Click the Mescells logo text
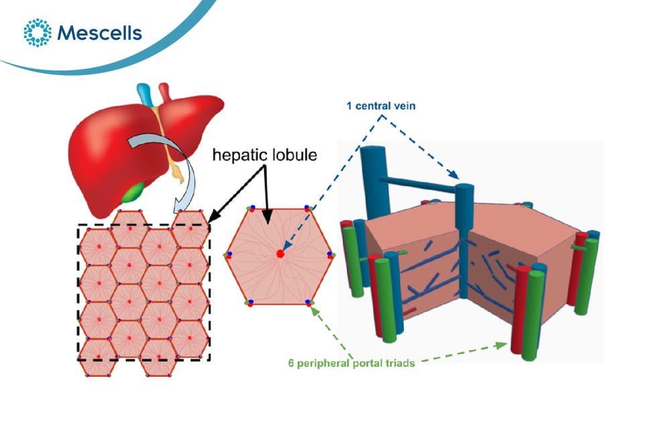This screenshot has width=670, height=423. point(99,33)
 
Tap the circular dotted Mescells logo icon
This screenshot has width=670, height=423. point(38,32)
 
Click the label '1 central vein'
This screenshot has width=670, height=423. point(381,106)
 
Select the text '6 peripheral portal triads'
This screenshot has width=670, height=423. point(351,363)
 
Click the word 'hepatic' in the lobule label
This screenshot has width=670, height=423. point(236,155)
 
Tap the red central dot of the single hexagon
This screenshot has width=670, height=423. point(280,254)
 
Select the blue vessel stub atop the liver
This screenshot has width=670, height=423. point(145,94)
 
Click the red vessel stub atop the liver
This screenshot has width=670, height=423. point(165,92)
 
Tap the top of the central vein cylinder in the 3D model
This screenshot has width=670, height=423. point(464,187)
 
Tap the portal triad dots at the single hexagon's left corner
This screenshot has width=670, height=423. point(228,255)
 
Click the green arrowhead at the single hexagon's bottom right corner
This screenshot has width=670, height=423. point(315,311)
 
